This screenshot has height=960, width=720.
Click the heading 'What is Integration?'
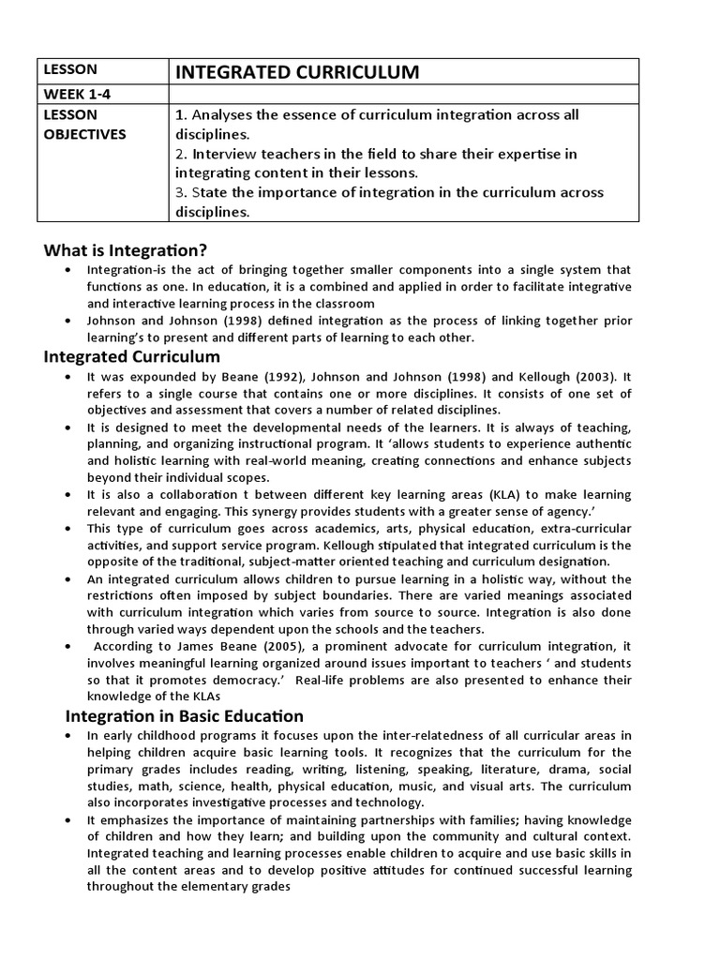pos(126,250)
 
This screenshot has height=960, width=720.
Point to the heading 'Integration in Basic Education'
pos(184,716)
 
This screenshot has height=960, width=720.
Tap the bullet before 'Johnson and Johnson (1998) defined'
pos(68,321)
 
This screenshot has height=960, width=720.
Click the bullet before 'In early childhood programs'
pos(68,736)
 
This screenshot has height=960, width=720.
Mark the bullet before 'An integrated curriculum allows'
pos(68,578)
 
